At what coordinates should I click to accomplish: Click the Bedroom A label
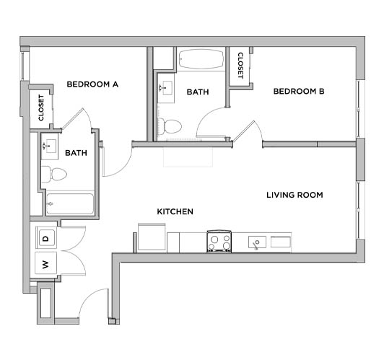[92, 84]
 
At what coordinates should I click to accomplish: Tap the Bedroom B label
[298, 92]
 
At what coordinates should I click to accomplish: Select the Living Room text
[294, 195]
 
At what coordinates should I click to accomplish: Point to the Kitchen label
[175, 211]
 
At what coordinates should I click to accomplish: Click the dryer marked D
[45, 237]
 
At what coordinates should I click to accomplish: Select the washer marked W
[45, 265]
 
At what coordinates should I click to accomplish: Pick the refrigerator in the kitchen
[152, 237]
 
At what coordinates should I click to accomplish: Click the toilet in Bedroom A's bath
[53, 174]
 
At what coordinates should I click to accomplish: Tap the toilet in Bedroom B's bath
[170, 126]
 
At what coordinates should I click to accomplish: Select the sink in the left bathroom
[50, 146]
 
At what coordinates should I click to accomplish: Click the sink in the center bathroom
[165, 89]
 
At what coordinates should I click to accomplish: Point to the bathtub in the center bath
[201, 58]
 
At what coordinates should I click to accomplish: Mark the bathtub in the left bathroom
[69, 203]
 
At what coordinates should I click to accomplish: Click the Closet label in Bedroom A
[40, 107]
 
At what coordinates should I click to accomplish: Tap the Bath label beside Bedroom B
[198, 92]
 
